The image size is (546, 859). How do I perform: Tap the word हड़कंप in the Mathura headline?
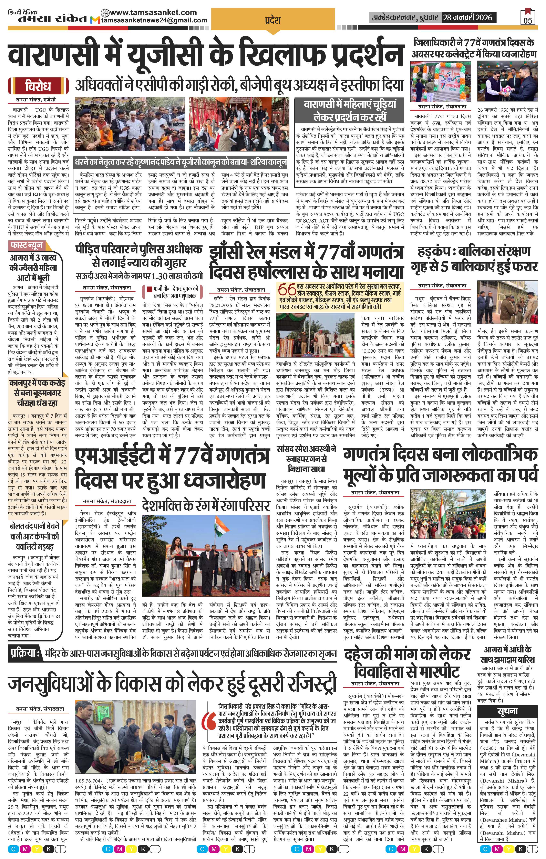pyautogui.click(x=432, y=251)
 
